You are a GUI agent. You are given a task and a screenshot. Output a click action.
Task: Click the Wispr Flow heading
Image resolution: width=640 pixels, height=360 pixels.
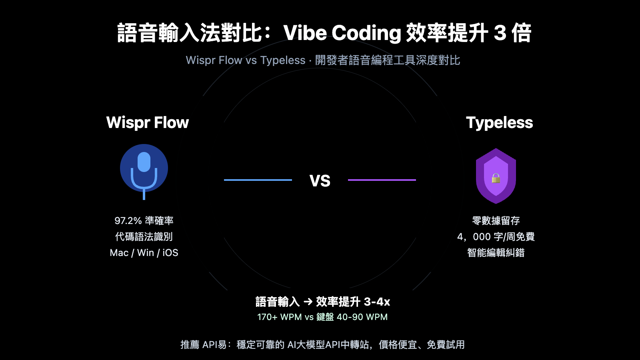pos(147,122)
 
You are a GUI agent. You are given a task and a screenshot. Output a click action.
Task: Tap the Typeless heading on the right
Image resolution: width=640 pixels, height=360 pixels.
pos(499,122)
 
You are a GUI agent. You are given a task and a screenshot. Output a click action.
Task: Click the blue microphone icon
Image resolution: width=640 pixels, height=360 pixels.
pos(144,170)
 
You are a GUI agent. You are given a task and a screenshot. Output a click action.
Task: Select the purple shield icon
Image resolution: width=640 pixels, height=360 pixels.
pos(496,176)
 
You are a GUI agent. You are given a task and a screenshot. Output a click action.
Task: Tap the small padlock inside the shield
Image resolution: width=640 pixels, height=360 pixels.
pos(496,178)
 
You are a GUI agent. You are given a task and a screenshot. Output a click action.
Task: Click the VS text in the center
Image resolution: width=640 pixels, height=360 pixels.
pos(320,181)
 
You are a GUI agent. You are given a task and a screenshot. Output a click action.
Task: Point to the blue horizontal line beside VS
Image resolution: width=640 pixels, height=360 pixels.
pos(258,180)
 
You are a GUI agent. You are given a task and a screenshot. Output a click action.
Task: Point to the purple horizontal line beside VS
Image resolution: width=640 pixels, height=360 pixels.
pos(382,180)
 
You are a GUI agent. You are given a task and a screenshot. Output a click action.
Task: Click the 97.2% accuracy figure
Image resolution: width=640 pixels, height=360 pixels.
pos(128,221)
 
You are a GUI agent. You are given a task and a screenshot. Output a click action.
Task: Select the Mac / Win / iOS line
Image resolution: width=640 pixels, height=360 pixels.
pos(144,253)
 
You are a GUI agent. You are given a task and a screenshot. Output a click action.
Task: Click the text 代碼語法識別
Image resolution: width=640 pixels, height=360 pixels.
pos(144,237)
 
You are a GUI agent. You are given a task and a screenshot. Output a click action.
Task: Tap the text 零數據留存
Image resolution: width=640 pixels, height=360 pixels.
pos(496,221)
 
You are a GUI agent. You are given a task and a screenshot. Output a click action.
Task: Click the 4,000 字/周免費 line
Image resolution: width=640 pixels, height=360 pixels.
pos(496,237)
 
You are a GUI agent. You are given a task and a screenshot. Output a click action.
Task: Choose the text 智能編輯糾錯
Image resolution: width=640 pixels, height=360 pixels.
pos(496,253)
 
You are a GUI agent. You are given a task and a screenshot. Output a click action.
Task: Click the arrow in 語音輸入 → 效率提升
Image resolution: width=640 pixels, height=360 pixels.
pos(308,302)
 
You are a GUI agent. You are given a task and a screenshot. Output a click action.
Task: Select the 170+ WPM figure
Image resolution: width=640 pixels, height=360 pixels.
pos(279,317)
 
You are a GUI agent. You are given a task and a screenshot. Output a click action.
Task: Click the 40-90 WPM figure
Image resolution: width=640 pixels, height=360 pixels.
pos(362,317)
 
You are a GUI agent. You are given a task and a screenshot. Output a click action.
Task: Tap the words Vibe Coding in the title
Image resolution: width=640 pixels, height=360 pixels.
pos(342,33)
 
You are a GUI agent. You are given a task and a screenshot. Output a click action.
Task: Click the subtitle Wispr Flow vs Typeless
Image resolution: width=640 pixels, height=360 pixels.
pos(246,60)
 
